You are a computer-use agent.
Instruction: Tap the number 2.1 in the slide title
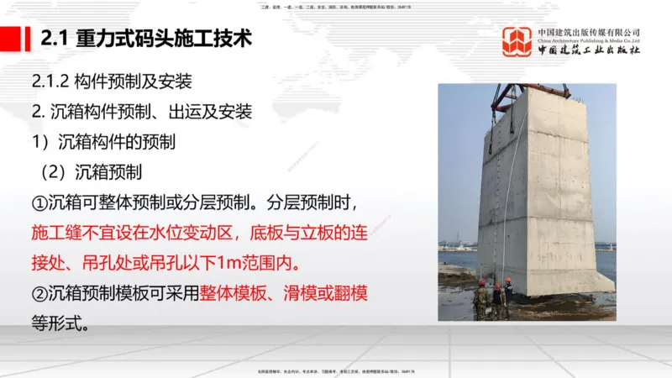(55, 39)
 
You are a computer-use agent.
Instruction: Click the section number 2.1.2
(50, 81)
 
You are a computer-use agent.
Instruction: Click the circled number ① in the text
(39, 202)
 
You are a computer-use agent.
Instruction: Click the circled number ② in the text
(39, 294)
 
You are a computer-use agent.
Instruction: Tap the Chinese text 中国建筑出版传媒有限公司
(589, 32)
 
